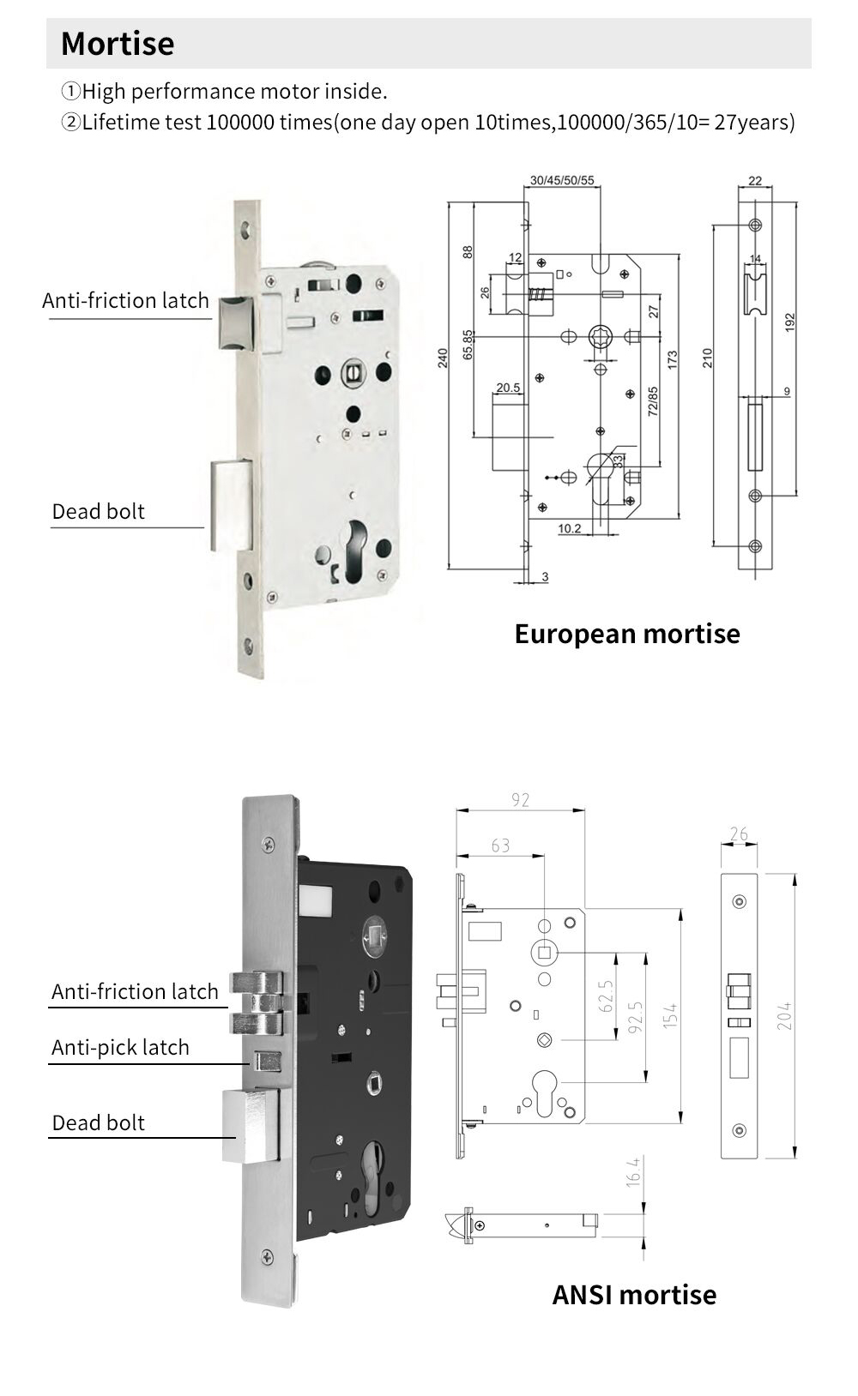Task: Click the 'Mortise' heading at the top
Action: [x=118, y=44]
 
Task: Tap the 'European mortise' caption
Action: [x=626, y=634]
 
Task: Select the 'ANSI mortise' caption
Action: [x=634, y=1294]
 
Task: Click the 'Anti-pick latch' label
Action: [x=120, y=1047]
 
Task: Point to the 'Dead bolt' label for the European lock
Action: [x=98, y=512]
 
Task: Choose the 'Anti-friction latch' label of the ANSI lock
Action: [x=135, y=991]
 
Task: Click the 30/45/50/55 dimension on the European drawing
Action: [x=562, y=181]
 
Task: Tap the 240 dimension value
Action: [x=443, y=358]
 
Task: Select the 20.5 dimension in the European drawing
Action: [x=508, y=388]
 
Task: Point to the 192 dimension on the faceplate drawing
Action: [x=790, y=322]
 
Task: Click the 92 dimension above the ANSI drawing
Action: [x=520, y=800]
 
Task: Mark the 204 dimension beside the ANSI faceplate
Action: [x=784, y=1015]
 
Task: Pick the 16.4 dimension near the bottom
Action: [x=633, y=1171]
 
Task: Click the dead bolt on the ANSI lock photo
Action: [x=250, y=1126]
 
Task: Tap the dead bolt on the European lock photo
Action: [x=232, y=506]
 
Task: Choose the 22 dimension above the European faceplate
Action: [x=755, y=181]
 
